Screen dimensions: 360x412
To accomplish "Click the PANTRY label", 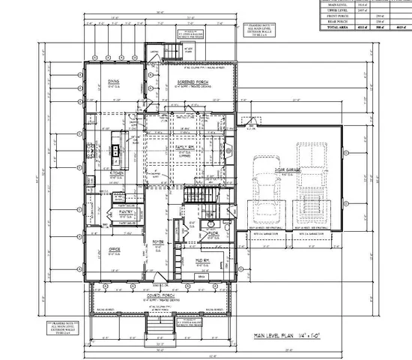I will (125, 212).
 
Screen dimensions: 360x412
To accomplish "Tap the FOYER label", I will (159, 241).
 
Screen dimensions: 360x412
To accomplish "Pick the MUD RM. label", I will (202, 260).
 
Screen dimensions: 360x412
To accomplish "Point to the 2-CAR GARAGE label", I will (288, 171).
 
